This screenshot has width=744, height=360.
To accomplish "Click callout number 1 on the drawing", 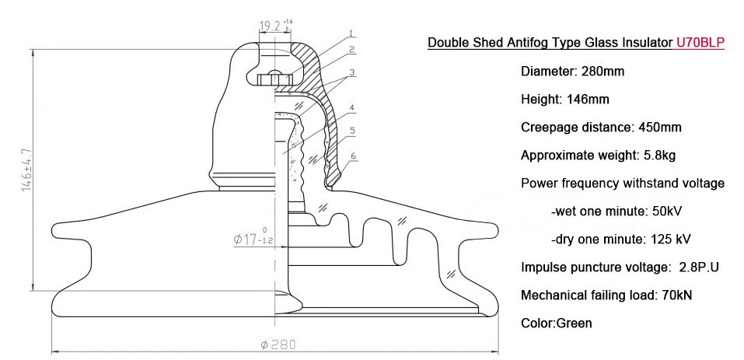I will [x=351, y=33].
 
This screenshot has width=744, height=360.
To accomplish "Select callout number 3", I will [x=351, y=72].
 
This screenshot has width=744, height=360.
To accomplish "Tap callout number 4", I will [x=352, y=107].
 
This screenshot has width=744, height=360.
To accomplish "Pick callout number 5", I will [x=352, y=131].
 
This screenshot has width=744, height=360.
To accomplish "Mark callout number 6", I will [x=353, y=156].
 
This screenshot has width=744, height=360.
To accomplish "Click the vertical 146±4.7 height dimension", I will [x=27, y=169].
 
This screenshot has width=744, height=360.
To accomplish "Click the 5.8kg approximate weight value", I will [x=659, y=156].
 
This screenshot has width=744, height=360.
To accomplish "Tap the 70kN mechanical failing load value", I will [x=676, y=295].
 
